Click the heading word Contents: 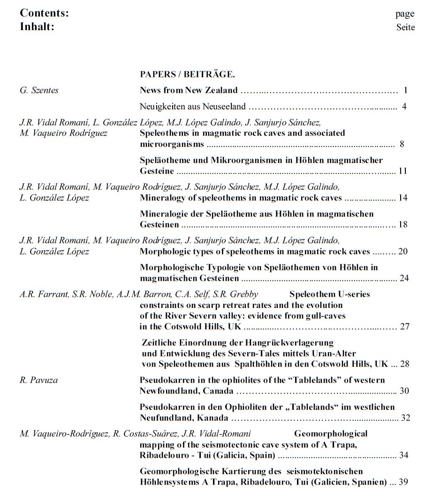[44, 13]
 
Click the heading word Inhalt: [37, 27]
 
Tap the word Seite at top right [405, 27]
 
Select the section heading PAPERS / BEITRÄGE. [187, 74]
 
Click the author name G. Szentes [39, 90]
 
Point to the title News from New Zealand [189, 90]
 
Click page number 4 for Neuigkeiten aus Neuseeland [404, 106]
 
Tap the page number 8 [402, 144]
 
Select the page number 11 [403, 171]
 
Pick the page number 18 [403, 224]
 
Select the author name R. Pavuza [38, 380]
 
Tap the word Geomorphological [331, 433]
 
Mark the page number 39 [403, 482]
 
